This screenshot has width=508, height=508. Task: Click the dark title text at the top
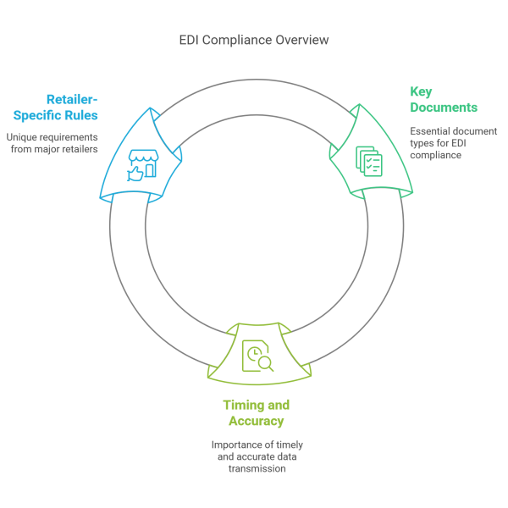[x=253, y=43]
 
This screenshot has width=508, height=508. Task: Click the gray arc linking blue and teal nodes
[x=254, y=102]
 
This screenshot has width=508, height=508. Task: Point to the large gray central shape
[x=271, y=229]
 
